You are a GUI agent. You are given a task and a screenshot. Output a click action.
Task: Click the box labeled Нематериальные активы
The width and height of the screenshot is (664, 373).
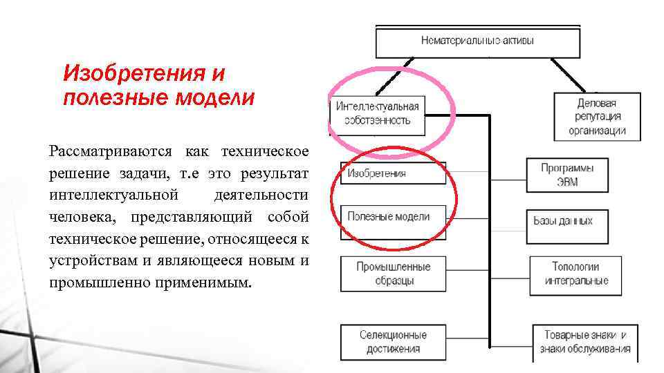coord(478,41)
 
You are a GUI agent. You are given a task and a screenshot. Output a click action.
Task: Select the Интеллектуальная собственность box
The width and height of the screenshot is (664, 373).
coord(378,113)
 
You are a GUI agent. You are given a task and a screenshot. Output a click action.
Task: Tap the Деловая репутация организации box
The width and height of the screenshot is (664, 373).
coord(597,116)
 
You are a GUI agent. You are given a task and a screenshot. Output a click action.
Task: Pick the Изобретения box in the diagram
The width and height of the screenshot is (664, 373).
coord(393,173)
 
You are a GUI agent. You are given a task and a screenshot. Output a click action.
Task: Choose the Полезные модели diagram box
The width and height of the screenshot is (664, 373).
coord(393,217)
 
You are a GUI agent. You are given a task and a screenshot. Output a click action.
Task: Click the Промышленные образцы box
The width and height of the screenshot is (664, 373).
coord(393,274)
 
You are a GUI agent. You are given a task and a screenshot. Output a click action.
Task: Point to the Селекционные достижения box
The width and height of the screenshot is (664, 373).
coord(393,342)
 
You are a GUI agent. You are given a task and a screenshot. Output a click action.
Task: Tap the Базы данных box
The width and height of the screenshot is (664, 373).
coord(564,221)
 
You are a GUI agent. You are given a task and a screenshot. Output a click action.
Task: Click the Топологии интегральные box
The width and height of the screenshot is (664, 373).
coord(576,274)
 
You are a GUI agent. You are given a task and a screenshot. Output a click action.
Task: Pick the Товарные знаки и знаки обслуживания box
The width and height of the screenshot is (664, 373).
coord(585,342)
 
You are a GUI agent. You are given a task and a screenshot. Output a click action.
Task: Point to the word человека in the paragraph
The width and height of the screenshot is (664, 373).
coord(78,218)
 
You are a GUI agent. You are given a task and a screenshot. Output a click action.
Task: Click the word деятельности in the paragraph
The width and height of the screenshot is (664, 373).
coord(261,195)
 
